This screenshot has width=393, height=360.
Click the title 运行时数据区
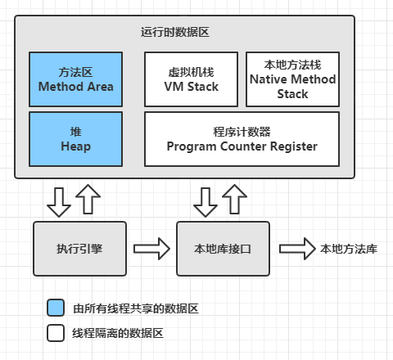pyautogui.click(x=175, y=32)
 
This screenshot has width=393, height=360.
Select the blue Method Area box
pyautogui.click(x=76, y=79)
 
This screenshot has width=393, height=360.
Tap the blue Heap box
pyautogui.click(x=76, y=139)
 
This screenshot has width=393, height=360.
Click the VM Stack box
pyautogui.click(x=191, y=79)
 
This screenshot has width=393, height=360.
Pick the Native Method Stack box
pyautogui.click(x=293, y=79)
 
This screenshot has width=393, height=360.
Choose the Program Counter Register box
pyautogui.click(x=242, y=139)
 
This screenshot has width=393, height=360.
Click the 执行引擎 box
pyautogui.click(x=79, y=249)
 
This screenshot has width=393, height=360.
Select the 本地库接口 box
pyautogui.click(x=223, y=249)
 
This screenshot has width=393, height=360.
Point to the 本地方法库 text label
pyautogui.click(x=349, y=249)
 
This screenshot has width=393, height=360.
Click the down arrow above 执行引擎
pyautogui.click(x=59, y=202)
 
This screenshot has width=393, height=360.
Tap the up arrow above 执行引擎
pyautogui.click(x=88, y=199)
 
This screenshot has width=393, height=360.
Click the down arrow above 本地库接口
pyautogui.click(x=206, y=202)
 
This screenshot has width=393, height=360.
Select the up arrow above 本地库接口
pyautogui.click(x=234, y=199)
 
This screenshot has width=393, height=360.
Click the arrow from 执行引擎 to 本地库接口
pyautogui.click(x=151, y=249)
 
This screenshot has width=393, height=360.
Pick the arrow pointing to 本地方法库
pyautogui.click(x=297, y=249)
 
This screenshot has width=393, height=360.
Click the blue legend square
pyautogui.click(x=56, y=308)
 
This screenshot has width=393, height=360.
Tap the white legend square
pyautogui.click(x=56, y=333)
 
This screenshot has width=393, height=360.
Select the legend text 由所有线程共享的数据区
pyautogui.click(x=136, y=308)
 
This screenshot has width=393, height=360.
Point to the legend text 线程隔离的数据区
pyautogui.click(x=118, y=333)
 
